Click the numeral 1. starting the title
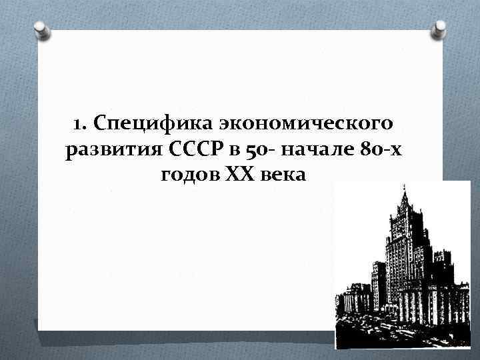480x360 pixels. click(79, 124)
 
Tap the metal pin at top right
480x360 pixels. click(440, 29)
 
